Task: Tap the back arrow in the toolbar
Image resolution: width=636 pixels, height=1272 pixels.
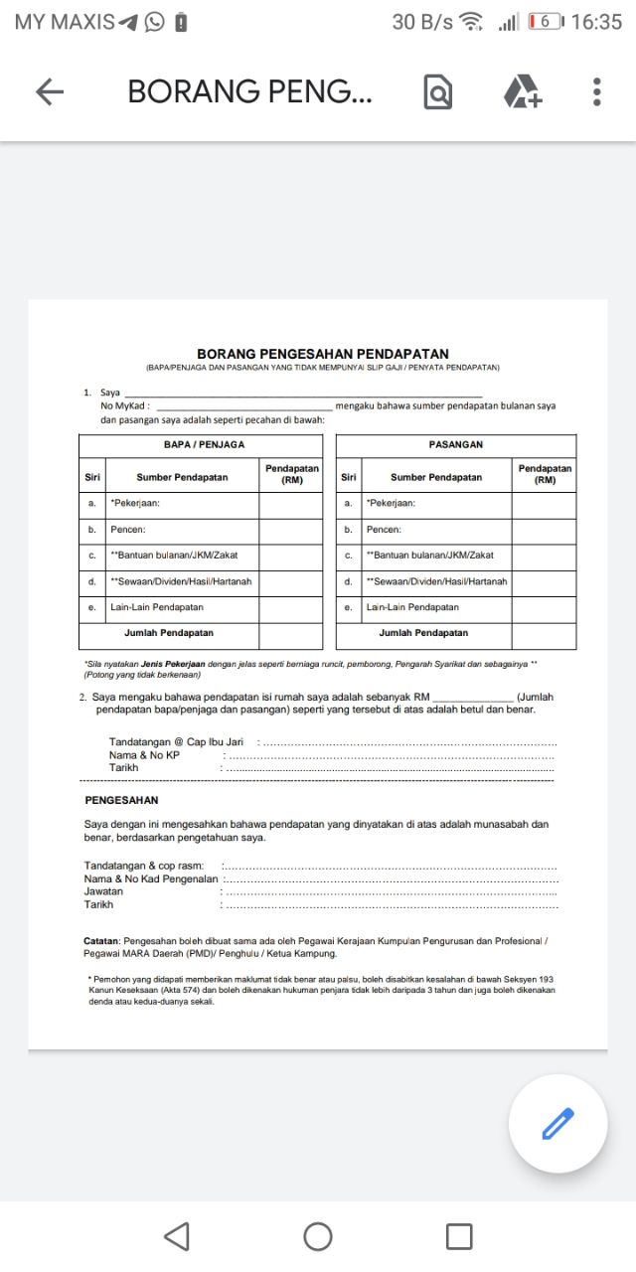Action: click(49, 92)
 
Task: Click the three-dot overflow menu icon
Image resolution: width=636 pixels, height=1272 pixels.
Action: click(596, 92)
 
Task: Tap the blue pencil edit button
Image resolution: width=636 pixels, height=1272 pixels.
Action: click(557, 1124)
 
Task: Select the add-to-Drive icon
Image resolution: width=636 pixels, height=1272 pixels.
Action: click(522, 92)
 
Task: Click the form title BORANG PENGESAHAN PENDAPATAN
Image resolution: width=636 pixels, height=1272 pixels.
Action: click(323, 354)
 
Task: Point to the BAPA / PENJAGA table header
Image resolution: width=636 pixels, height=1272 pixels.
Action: click(204, 445)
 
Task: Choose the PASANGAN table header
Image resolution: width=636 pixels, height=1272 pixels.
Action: click(456, 445)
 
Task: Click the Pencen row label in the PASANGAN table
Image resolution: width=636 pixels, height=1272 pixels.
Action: click(384, 530)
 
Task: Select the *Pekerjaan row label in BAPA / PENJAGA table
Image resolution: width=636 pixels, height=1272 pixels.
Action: click(135, 504)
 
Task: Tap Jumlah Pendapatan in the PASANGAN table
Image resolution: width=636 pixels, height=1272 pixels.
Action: click(423, 633)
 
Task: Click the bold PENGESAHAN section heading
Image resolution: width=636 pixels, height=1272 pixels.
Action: click(121, 800)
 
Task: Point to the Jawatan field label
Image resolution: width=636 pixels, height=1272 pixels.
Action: click(104, 892)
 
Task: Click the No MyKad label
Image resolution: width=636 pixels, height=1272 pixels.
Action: click(124, 406)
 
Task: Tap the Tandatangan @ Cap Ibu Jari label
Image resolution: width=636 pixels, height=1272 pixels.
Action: click(176, 742)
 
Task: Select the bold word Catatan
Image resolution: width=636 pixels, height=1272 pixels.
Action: click(101, 940)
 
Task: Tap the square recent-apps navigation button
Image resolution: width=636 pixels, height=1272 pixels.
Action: click(459, 1236)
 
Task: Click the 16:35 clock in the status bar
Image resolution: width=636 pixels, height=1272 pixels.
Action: click(596, 22)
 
